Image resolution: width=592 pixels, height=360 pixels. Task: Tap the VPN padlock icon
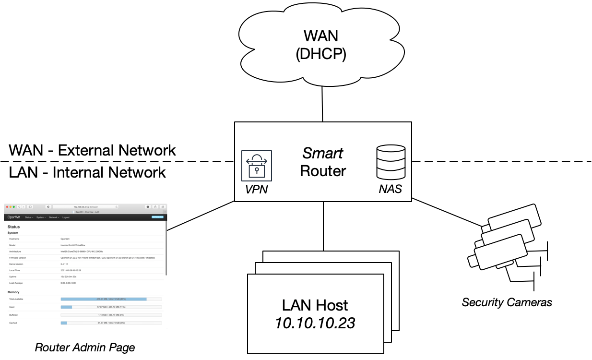256,166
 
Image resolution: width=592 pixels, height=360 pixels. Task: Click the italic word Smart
322,153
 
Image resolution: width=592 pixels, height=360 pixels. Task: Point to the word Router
322,171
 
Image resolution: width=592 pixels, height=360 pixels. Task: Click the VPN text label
256,189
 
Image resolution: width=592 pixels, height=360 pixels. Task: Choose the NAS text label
390,189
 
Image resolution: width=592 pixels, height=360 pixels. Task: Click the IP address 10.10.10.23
315,323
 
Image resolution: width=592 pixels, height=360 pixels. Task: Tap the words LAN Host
315,305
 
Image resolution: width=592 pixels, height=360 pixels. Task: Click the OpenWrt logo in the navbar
14,217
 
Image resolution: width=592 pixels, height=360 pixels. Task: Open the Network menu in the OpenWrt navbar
53,217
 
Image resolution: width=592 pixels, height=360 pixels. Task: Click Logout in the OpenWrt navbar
66,217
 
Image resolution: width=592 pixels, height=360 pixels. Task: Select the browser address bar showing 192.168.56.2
85,207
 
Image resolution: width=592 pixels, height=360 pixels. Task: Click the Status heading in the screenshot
13,227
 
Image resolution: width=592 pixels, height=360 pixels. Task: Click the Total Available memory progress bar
111,299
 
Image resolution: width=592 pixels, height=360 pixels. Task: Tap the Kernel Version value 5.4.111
64,264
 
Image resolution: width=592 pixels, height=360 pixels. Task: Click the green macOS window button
14,207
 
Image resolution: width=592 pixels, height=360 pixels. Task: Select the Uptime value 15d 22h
67,276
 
